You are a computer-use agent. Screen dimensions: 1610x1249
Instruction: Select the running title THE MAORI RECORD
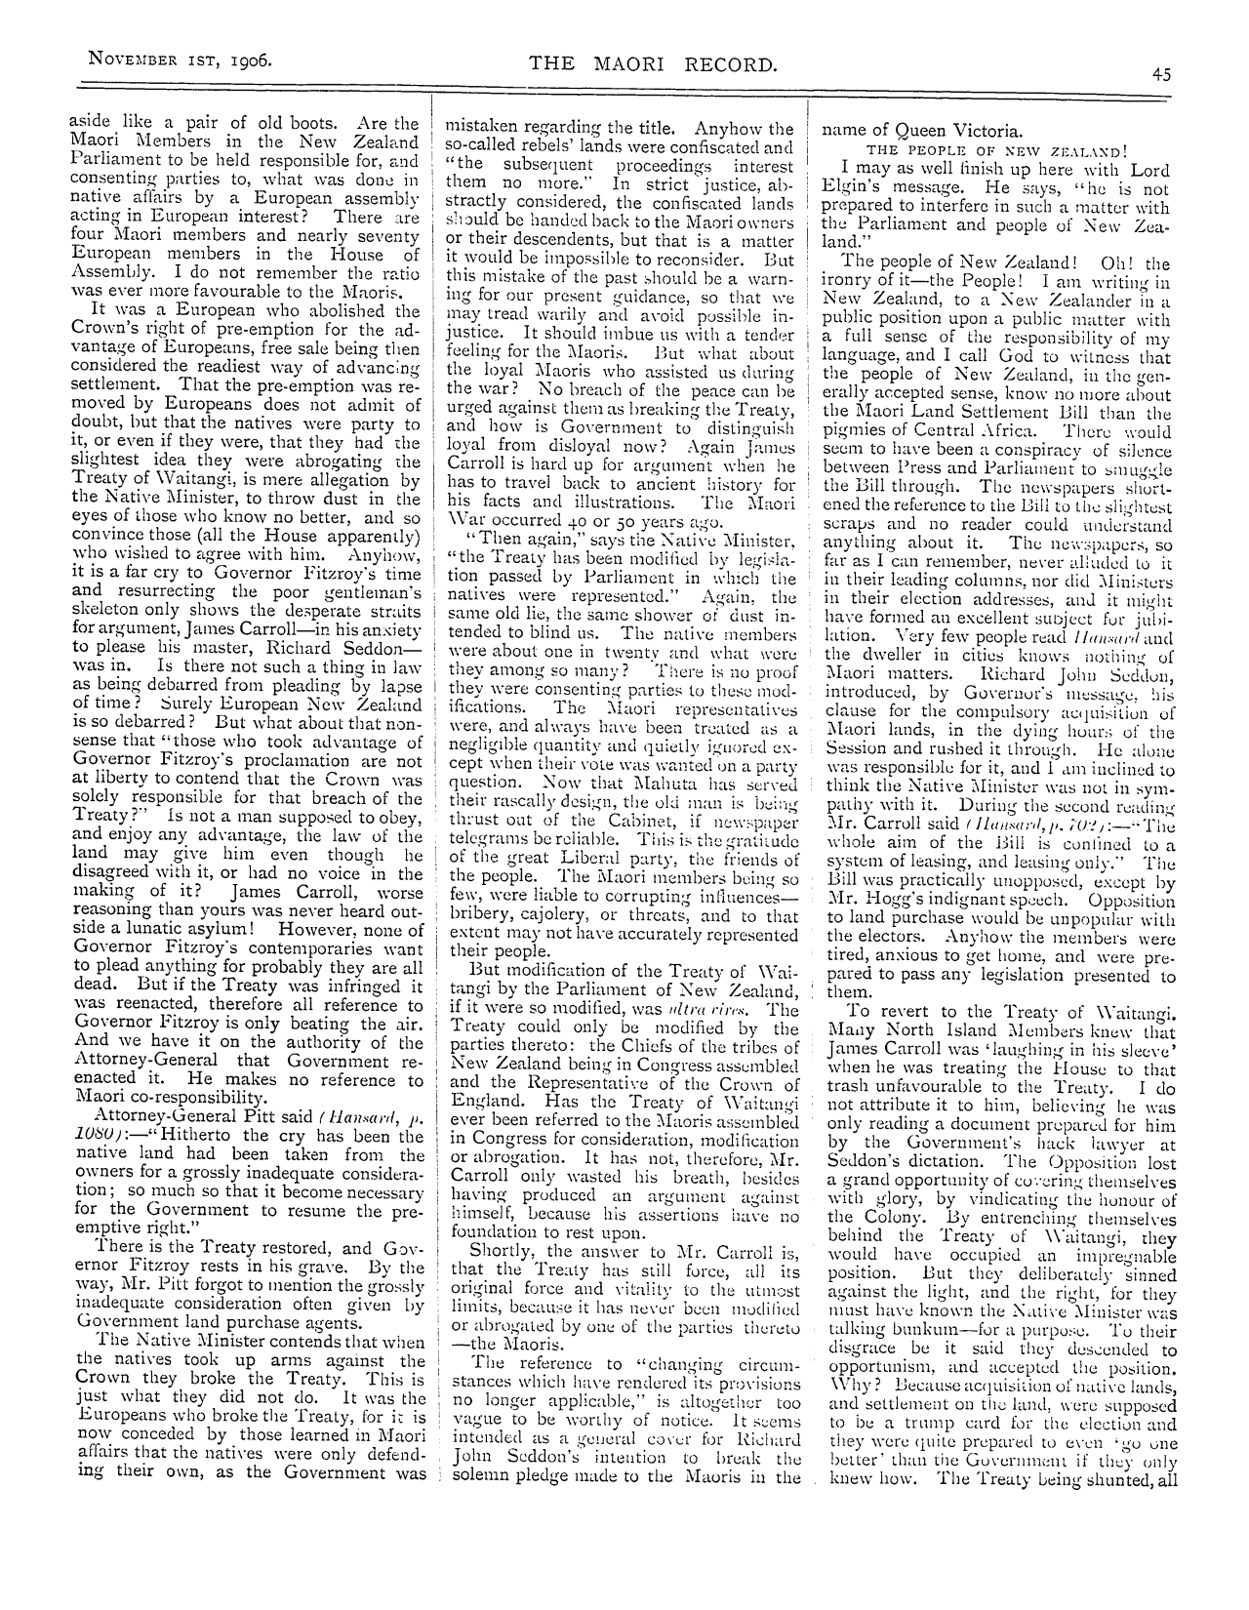[653, 64]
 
